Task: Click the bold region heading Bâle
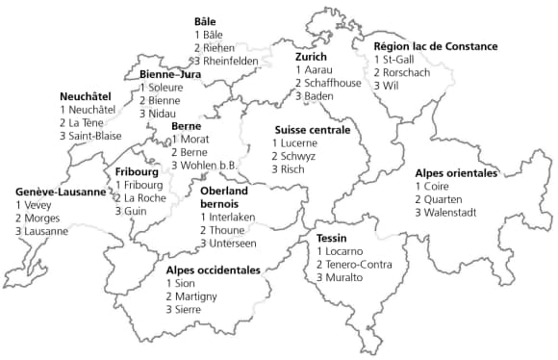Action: pyautogui.click(x=205, y=21)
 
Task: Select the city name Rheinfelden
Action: pyautogui.click(x=231, y=61)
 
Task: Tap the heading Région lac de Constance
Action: pyautogui.click(x=437, y=45)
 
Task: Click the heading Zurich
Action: pyautogui.click(x=311, y=57)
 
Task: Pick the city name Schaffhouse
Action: pyautogui.click(x=334, y=84)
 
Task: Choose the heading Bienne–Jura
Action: pyautogui.click(x=169, y=73)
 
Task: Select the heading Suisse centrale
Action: pyautogui.click(x=313, y=129)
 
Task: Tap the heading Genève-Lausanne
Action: pyautogui.click(x=61, y=192)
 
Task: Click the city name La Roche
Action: pyautogui.click(x=144, y=197)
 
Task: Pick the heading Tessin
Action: pyautogui.click(x=331, y=238)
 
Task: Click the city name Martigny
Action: pyautogui.click(x=199, y=296)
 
